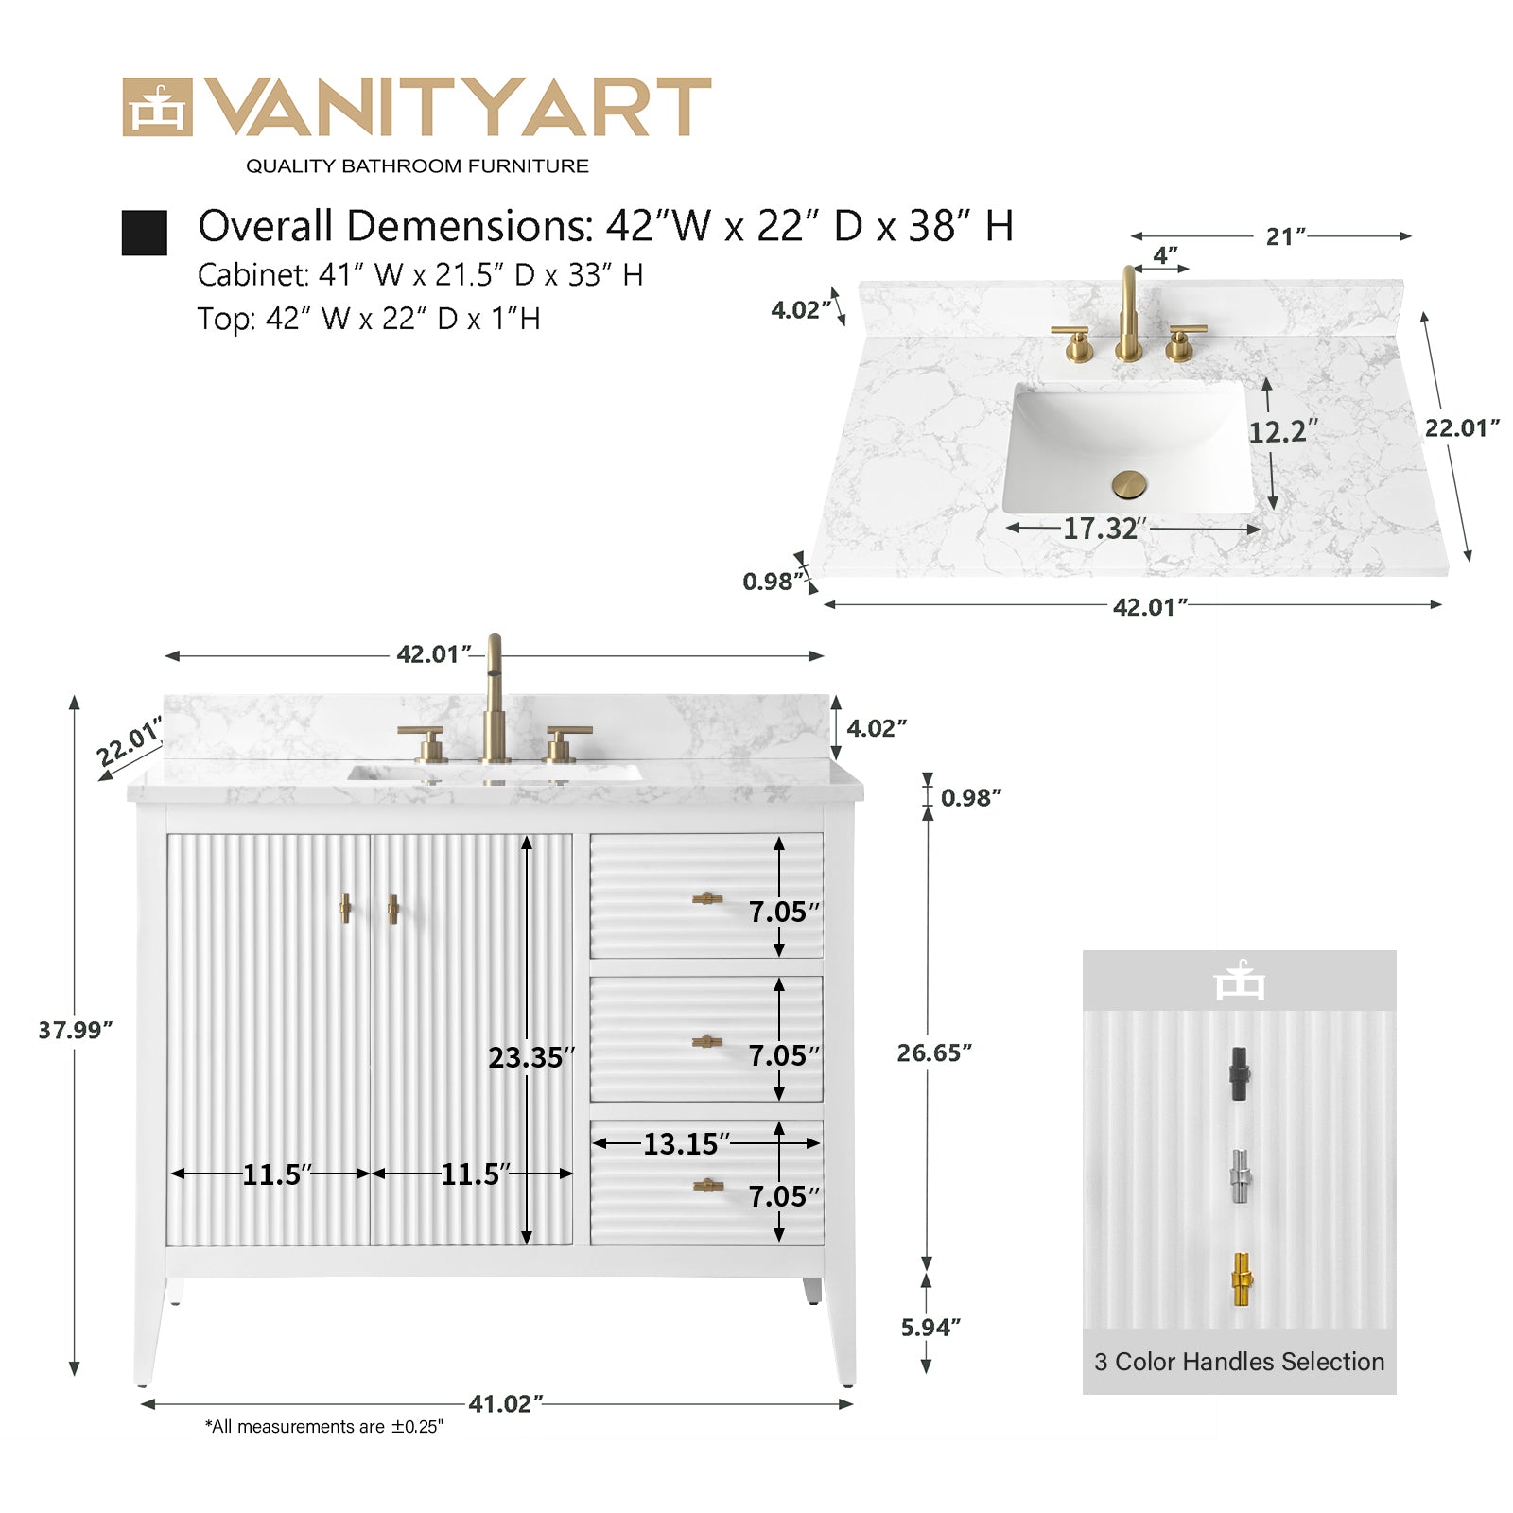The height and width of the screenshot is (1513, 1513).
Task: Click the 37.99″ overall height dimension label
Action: tap(76, 1030)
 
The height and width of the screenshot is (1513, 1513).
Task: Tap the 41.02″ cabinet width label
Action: tap(506, 1404)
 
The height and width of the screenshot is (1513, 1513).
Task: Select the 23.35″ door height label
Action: tap(531, 1057)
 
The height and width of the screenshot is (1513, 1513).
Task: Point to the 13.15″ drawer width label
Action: tap(687, 1144)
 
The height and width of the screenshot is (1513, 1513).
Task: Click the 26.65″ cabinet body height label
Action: tap(934, 1052)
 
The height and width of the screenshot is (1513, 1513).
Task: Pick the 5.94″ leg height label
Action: tap(930, 1328)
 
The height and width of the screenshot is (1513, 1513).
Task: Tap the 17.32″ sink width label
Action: tap(1105, 529)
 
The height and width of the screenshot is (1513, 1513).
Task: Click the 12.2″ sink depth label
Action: tap(1283, 432)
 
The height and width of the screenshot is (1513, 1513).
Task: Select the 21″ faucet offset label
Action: tap(1286, 236)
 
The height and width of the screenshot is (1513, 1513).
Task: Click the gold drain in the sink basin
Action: tap(1128, 485)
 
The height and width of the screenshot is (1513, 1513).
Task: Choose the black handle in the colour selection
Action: tap(1239, 1073)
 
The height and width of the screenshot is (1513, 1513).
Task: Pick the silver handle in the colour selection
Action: tap(1240, 1176)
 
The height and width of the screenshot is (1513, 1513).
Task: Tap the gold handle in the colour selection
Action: tap(1241, 1279)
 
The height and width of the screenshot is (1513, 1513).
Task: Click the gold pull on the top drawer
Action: tap(706, 898)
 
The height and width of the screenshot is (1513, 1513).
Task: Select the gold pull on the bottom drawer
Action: tap(707, 1185)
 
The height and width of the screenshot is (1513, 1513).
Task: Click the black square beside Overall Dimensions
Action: tap(144, 233)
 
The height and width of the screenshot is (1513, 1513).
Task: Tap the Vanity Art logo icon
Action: tap(157, 107)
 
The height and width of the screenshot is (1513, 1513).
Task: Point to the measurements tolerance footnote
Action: tap(324, 1427)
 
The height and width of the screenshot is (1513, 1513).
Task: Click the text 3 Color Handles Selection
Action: tap(1239, 1362)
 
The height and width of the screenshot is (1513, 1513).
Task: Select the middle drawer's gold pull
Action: tap(707, 1042)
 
